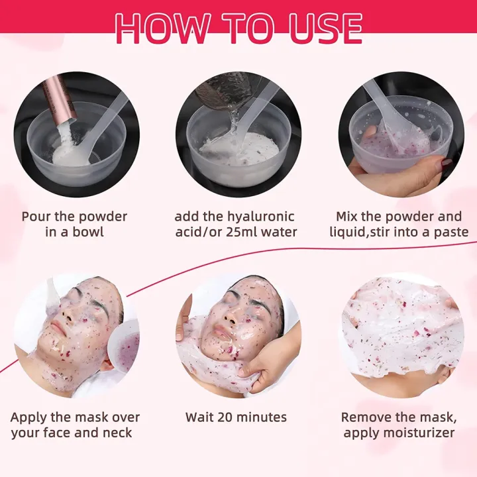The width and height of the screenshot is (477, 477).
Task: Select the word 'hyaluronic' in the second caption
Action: (261, 217)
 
